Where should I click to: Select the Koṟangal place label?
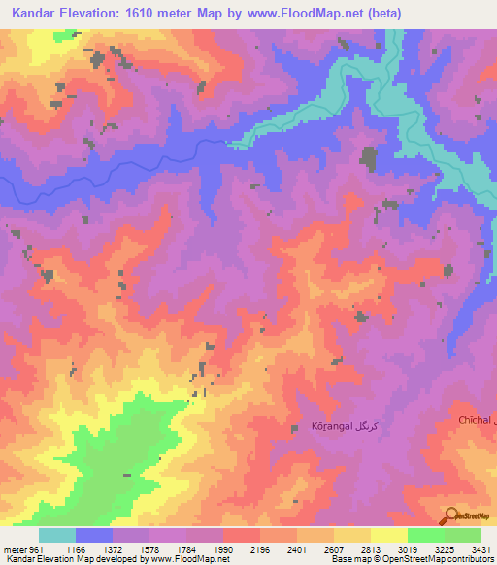[330, 427]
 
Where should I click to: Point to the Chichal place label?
[476, 419]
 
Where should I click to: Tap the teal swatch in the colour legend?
[57, 536]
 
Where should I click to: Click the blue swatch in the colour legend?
[94, 536]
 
